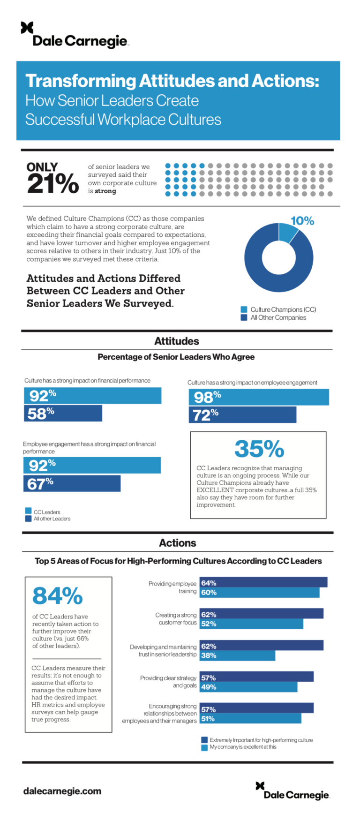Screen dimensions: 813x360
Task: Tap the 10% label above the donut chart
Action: (x=302, y=221)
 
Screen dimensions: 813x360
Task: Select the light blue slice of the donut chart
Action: (x=287, y=232)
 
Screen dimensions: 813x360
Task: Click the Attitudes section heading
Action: (x=177, y=341)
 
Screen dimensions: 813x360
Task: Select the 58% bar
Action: (x=63, y=414)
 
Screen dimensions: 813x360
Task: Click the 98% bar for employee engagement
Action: (x=259, y=397)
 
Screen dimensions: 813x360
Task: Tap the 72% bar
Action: (x=242, y=415)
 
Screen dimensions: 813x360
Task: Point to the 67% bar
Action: (x=72, y=483)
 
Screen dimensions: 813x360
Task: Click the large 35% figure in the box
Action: (x=259, y=449)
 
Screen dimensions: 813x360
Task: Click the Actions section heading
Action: (x=178, y=543)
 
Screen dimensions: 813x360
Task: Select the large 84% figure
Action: (x=57, y=596)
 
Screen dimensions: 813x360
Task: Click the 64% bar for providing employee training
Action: (x=263, y=583)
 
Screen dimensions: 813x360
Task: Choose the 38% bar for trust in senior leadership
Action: (x=237, y=655)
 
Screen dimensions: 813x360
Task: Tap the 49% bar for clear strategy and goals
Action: (x=248, y=687)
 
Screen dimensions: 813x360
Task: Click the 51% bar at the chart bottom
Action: (x=250, y=718)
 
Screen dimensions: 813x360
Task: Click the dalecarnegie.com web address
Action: (x=62, y=791)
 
